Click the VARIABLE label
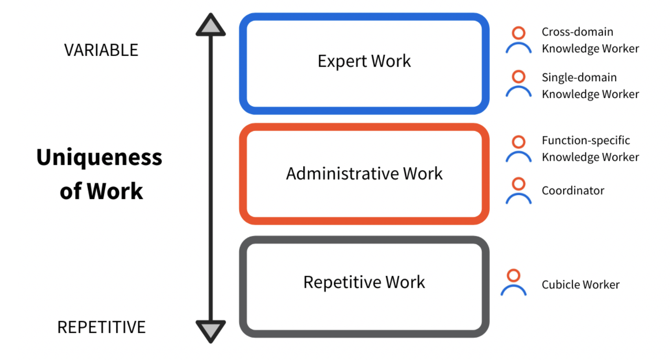tap(101, 50)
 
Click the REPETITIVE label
tap(101, 327)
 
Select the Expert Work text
tap(364, 61)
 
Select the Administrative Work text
tap(364, 174)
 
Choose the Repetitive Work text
tap(364, 282)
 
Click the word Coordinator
tap(573, 191)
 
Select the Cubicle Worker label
tap(581, 285)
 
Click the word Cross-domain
tap(578, 32)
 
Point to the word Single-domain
tap(579, 78)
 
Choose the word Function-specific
tap(586, 141)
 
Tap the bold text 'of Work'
tap(101, 191)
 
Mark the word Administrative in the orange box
tap(342, 174)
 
